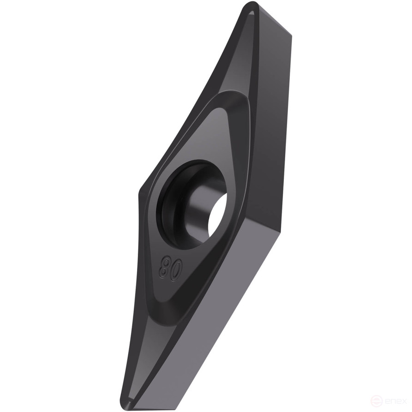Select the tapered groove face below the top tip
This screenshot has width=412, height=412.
pos(231,60)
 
